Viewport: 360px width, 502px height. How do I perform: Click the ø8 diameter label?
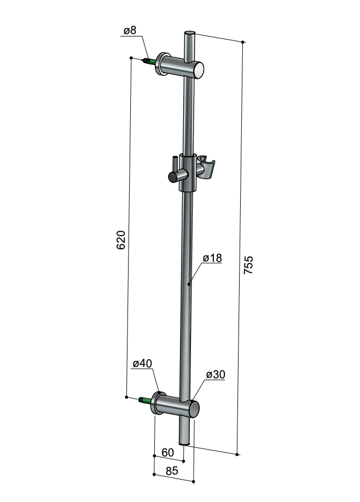pyautogui.click(x=130, y=31)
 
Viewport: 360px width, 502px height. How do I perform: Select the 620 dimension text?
pyautogui.click(x=121, y=240)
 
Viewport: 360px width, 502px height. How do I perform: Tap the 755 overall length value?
pyautogui.click(x=248, y=265)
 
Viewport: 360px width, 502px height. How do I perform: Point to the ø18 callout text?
pyautogui.click(x=212, y=258)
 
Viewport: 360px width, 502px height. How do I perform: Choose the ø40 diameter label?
pyautogui.click(x=143, y=363)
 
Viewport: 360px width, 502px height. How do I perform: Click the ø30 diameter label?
pyautogui.click(x=216, y=374)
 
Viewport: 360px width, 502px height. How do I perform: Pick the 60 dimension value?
pyautogui.click(x=167, y=452)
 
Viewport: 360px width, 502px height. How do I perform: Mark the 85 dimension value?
pyautogui.click(x=172, y=471)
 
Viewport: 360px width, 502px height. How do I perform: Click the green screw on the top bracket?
pyautogui.click(x=150, y=61)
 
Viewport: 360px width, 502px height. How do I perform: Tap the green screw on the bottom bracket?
pyautogui.click(x=146, y=400)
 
